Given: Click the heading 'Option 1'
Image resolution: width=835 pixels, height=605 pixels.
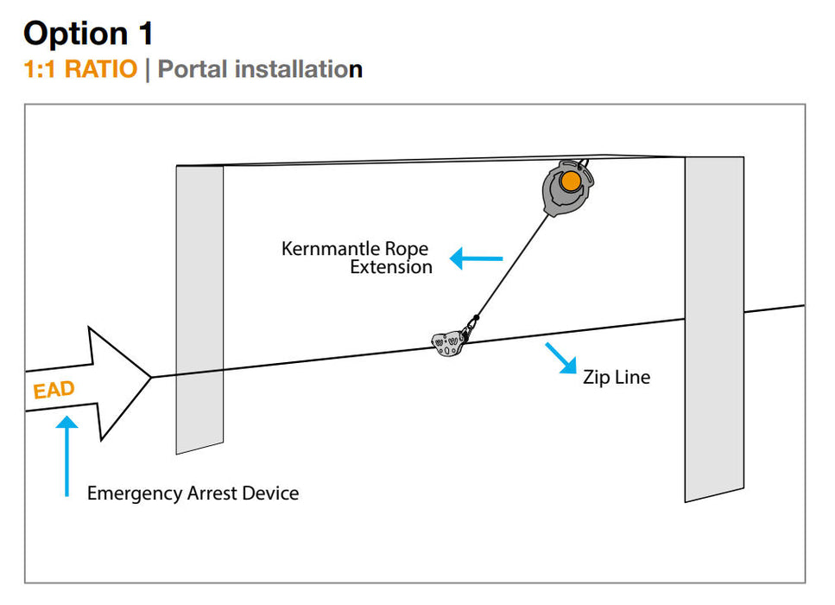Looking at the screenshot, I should pyautogui.click(x=88, y=33).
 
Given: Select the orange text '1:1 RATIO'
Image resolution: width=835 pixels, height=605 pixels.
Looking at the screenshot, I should pyautogui.click(x=80, y=69).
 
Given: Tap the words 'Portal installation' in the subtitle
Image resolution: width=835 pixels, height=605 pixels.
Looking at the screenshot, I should pyautogui.click(x=259, y=69).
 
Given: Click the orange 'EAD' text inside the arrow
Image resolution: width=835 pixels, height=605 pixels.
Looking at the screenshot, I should pyautogui.click(x=54, y=390).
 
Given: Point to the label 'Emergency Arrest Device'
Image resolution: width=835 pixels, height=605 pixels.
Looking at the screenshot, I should pyautogui.click(x=193, y=494).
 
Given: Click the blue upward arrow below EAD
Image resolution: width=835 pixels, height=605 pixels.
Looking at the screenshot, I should pyautogui.click(x=66, y=455).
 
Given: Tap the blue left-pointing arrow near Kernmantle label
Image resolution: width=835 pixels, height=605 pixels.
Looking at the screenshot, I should pyautogui.click(x=476, y=258).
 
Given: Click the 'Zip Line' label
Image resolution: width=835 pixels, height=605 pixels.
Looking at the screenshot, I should pyautogui.click(x=617, y=377).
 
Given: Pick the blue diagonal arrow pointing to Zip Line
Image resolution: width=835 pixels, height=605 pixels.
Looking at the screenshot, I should pyautogui.click(x=561, y=358).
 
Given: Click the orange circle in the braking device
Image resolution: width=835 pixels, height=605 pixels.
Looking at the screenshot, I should pyautogui.click(x=570, y=181).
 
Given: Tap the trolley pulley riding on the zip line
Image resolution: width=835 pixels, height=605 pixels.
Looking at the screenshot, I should pyautogui.click(x=449, y=344).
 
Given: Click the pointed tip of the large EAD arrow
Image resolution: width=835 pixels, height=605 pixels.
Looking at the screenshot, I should pyautogui.click(x=151, y=376).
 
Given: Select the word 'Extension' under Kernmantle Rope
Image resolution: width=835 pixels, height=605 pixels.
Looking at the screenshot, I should pyautogui.click(x=390, y=267).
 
